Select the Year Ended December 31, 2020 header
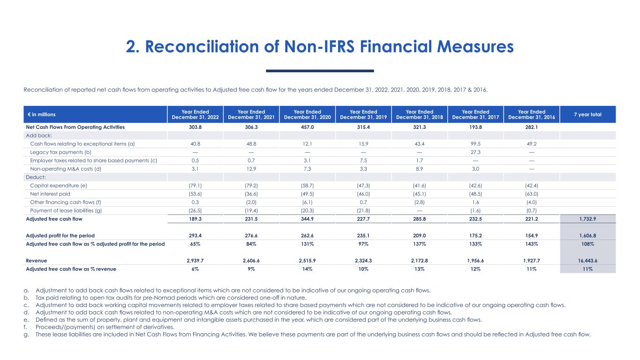(x=307, y=115)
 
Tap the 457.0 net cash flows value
(x=307, y=127)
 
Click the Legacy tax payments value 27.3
(x=475, y=152)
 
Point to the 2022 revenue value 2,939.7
(x=195, y=260)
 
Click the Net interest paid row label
(x=50, y=194)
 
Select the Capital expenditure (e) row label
(x=58, y=185)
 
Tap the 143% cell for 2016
(x=531, y=244)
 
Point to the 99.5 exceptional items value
(x=475, y=143)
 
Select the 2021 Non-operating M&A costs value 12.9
(x=251, y=168)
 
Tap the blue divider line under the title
(x=320, y=71)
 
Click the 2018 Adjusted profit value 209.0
(x=419, y=236)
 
